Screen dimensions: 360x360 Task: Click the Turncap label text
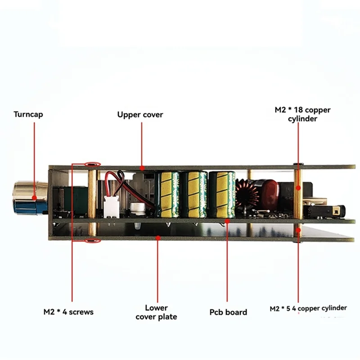29,114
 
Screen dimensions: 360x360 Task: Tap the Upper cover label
140,114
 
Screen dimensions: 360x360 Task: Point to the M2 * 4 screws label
69,311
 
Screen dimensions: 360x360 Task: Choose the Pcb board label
228,312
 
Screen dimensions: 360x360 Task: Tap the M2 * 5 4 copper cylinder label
308,309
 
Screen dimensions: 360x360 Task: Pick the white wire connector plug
110,207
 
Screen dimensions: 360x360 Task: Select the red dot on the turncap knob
35,197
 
